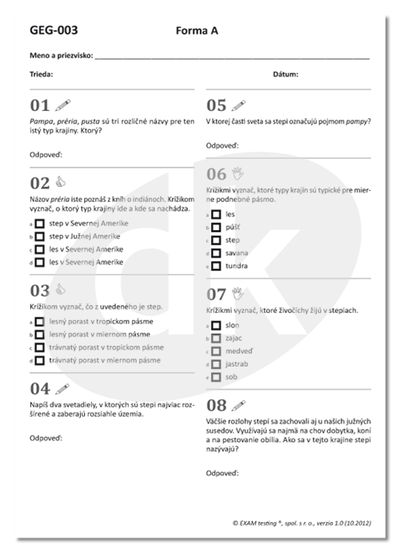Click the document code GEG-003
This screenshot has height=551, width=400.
pyautogui.click(x=54, y=31)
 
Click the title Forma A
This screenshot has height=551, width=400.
pyautogui.click(x=196, y=31)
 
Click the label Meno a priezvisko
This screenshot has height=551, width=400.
pyautogui.click(x=61, y=57)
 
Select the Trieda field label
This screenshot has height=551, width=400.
pyautogui.click(x=42, y=74)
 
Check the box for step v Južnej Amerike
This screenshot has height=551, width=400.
pyautogui.click(x=38, y=236)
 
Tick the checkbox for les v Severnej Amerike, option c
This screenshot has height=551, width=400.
pyautogui.click(x=38, y=249)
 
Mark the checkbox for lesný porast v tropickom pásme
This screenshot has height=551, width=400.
pyautogui.click(x=38, y=321)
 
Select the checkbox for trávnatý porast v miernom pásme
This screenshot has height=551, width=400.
pyautogui.click(x=38, y=360)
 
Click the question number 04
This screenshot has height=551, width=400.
pyautogui.click(x=39, y=389)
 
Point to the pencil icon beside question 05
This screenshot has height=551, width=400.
pyautogui.click(x=238, y=105)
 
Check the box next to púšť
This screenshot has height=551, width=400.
pyautogui.click(x=215, y=227)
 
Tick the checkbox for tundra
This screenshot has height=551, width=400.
pyautogui.click(x=215, y=266)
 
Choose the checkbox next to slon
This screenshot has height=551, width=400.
pyautogui.click(x=215, y=325)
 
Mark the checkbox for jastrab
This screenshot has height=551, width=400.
pyautogui.click(x=215, y=363)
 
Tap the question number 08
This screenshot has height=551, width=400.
pyautogui.click(x=216, y=404)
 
